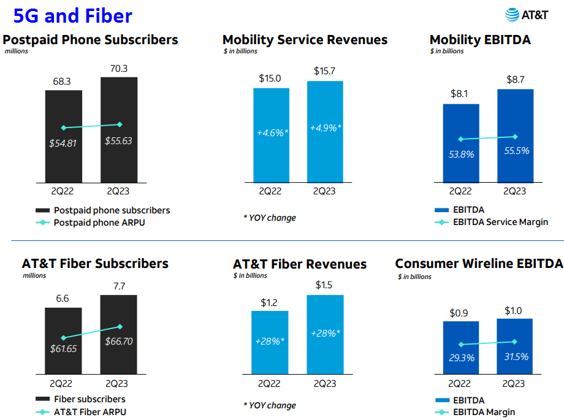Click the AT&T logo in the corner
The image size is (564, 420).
(x=528, y=15)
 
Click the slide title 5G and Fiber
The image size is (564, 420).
(x=72, y=15)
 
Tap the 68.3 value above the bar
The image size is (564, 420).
(x=63, y=82)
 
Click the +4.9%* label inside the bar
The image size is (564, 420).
(x=326, y=128)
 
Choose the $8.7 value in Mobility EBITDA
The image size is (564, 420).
(x=515, y=79)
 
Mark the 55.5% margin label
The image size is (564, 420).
(x=514, y=150)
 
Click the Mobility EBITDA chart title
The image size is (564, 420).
(x=480, y=40)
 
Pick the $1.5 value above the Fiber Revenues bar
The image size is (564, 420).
(x=325, y=285)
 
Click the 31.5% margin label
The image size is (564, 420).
(x=514, y=356)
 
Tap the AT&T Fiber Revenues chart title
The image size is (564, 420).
(x=300, y=264)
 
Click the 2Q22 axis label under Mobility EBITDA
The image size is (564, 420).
(x=460, y=191)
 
